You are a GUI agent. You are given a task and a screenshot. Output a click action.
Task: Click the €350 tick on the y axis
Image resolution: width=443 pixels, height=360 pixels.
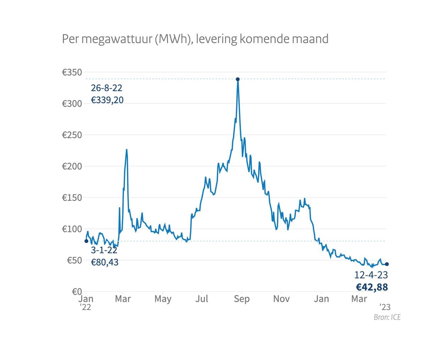[x=72, y=72]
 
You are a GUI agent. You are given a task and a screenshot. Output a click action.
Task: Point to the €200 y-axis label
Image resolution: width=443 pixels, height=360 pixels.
[x=72, y=166]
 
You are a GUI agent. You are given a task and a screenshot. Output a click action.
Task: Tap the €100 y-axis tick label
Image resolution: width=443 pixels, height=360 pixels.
[x=72, y=229]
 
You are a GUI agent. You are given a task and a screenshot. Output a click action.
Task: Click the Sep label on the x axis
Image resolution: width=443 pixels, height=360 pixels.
[x=242, y=299]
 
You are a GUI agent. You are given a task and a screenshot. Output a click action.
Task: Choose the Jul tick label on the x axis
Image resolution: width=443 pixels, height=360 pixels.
[x=202, y=299]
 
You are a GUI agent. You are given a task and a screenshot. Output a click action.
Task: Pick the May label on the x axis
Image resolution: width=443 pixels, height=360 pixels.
[x=163, y=299]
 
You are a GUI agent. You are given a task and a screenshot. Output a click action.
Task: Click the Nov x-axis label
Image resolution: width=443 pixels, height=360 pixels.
[x=281, y=299]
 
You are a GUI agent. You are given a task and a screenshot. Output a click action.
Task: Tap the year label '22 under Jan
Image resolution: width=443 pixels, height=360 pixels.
[x=85, y=307]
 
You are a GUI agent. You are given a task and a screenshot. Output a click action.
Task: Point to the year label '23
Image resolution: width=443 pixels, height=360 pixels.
[x=385, y=307]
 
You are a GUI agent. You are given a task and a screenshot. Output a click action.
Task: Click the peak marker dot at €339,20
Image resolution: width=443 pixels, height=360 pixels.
[x=238, y=79]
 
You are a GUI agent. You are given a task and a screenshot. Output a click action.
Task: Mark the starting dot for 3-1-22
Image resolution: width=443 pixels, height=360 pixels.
[x=86, y=241]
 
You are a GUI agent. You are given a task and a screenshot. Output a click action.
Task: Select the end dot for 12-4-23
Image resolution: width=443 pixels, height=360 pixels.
[x=387, y=264]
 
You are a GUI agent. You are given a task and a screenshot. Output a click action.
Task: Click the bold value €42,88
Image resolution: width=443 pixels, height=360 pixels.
[x=372, y=287]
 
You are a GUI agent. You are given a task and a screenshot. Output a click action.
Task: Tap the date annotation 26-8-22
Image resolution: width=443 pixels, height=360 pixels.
[x=106, y=88]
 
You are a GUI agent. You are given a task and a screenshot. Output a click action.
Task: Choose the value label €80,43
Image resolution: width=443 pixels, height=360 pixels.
[x=105, y=262]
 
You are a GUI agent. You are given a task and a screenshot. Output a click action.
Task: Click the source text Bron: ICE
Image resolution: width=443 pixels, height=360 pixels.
[x=387, y=317]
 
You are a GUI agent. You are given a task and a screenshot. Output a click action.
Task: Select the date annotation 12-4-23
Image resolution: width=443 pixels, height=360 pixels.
[x=371, y=275]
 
